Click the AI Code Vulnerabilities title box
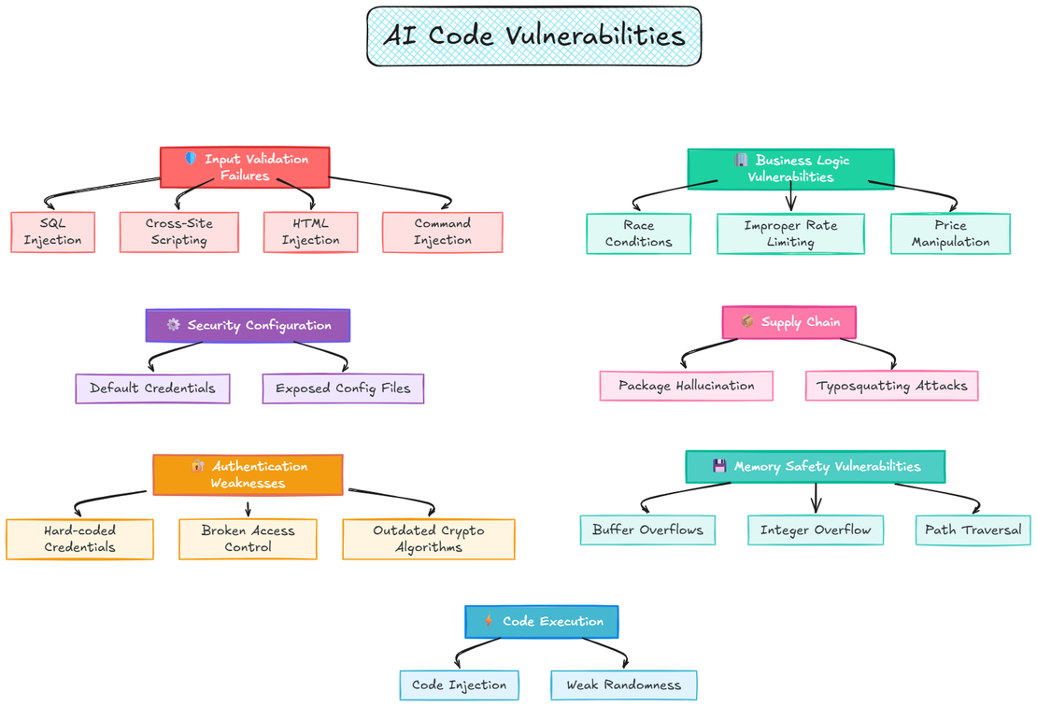click(x=533, y=36)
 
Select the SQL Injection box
click(x=53, y=232)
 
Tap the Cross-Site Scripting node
click(x=178, y=232)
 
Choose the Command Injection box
click(x=442, y=232)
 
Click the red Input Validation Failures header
click(x=245, y=167)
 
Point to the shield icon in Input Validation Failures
click(x=191, y=159)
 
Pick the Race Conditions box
click(x=638, y=233)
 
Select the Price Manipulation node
click(x=950, y=233)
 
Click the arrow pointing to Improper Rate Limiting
click(x=791, y=198)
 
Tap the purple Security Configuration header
click(x=248, y=325)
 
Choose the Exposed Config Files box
click(x=343, y=388)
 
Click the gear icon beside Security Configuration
click(x=173, y=325)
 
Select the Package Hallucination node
click(x=686, y=386)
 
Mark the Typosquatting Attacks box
click(x=891, y=386)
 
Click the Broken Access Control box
click(x=248, y=539)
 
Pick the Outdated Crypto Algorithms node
click(x=428, y=539)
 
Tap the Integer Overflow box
click(x=815, y=529)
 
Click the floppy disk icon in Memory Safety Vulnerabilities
click(x=719, y=466)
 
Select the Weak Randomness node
click(x=623, y=685)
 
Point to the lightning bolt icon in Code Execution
click(x=489, y=621)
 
